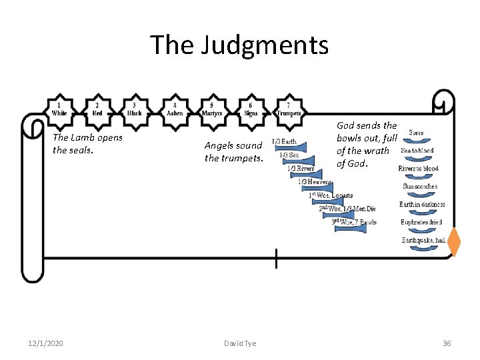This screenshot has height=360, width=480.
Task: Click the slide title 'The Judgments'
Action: pos(239,45)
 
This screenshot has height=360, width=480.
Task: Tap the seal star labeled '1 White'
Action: pos(59,109)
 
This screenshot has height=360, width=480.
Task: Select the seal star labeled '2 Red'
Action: pos(97,109)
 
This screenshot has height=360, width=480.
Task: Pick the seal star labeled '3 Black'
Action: pos(135,109)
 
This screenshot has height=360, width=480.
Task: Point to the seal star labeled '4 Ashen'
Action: pos(174,109)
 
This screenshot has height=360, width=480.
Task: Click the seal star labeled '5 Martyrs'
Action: pos(212,109)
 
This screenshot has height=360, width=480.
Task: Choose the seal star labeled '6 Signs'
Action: pos(250,109)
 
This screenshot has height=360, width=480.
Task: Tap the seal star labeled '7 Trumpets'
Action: pos(288,109)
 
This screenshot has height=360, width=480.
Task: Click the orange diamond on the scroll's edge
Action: pos(454,241)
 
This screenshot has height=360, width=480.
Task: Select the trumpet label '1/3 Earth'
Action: pos(285,141)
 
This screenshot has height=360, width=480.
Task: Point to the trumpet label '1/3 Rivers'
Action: pos(301,169)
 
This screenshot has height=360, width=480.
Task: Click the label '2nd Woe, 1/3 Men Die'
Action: pos(347,209)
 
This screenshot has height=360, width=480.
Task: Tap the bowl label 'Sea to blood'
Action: pos(417,151)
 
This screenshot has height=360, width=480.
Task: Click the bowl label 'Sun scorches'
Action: pos(420,187)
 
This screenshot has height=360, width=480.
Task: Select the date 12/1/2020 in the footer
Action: pos(46,343)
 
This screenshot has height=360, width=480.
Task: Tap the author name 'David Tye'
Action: pos(239,343)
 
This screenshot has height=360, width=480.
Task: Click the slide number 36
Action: pos(447,343)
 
